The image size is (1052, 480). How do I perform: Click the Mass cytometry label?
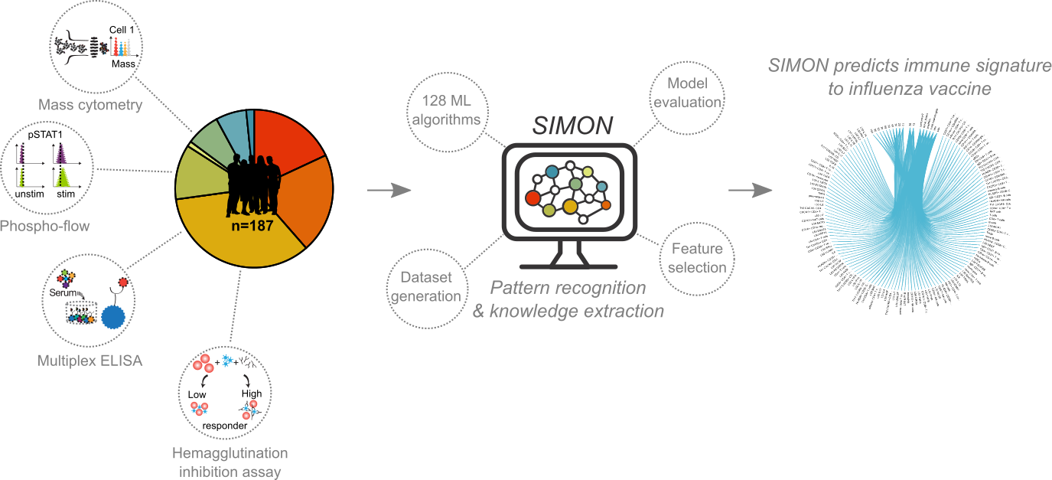90,106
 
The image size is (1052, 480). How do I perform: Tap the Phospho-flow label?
44,226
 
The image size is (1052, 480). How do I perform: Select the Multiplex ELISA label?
90,360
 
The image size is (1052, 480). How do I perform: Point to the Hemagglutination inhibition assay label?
230,462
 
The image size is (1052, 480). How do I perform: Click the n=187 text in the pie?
253,227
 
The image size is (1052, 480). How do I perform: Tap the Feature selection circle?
698,258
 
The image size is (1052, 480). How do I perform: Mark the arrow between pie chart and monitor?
389,191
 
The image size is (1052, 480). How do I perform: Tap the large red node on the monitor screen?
533,198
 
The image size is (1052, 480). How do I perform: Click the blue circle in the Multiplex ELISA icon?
114,318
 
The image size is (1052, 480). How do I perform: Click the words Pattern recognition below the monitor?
568,289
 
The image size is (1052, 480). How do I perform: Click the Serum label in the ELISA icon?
62,293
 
